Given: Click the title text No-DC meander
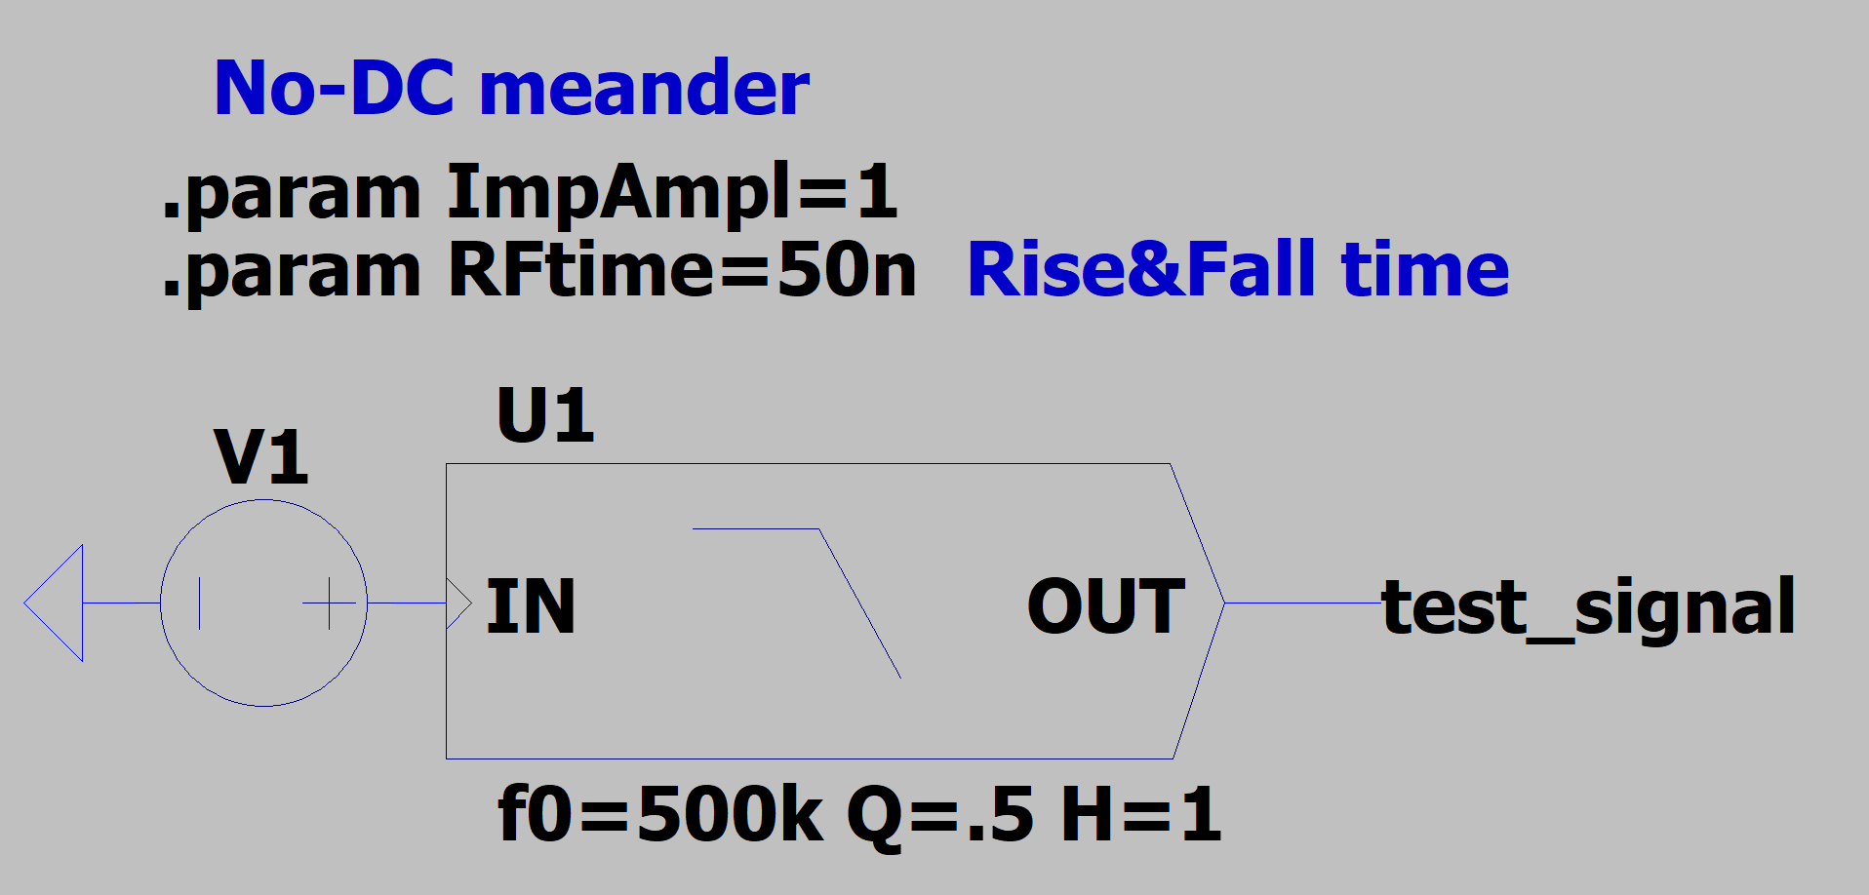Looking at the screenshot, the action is click(511, 88).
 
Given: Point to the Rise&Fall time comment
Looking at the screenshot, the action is click(1238, 269).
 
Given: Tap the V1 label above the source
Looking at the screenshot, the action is click(261, 457).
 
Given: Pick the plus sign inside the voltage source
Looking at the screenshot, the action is click(330, 603).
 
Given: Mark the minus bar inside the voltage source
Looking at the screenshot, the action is click(200, 603).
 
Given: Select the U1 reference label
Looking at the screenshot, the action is click(545, 415).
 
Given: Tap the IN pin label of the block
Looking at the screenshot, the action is click(531, 606).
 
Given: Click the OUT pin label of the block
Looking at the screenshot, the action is click(1106, 606).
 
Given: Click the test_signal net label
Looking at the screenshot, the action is click(1588, 606).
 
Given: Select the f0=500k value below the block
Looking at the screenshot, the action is click(660, 814).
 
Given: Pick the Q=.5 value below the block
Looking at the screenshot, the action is click(940, 816).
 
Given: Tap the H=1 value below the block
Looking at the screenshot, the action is click(1140, 814).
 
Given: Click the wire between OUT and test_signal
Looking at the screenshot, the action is click(1303, 603).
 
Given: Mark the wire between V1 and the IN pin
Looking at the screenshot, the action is click(407, 603).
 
